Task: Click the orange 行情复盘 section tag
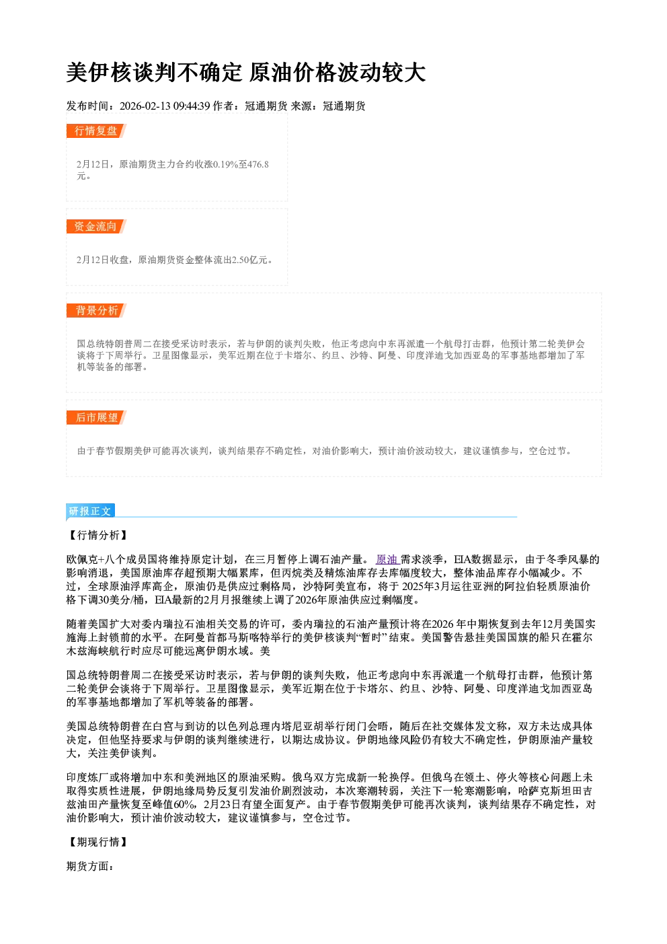[96, 131]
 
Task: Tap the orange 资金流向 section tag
[96, 226]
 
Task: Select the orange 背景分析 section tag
[96, 311]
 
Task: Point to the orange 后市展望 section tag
[96, 418]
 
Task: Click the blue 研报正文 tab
[90, 511]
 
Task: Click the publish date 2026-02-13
[145, 106]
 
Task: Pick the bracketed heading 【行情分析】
[97, 535]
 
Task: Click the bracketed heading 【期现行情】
[97, 842]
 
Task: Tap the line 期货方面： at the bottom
[90, 866]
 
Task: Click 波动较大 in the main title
[381, 73]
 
